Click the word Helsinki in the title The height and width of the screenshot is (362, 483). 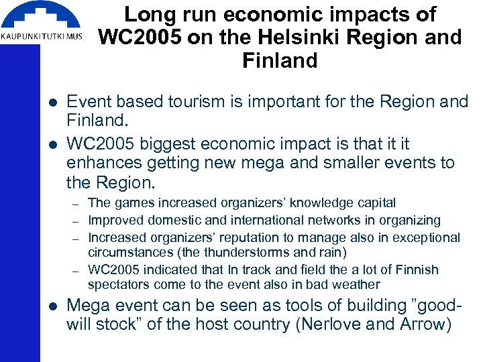pyautogui.click(x=278, y=38)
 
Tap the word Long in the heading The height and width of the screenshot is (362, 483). pyautogui.click(x=147, y=15)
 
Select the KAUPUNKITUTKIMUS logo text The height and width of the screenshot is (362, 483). pyautogui.click(x=42, y=37)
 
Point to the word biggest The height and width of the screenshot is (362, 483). pyautogui.click(x=180, y=144)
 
